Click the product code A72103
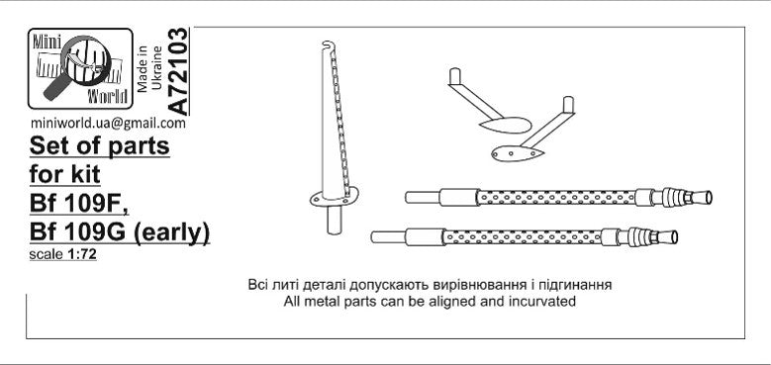[177, 72]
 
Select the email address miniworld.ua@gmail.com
[108, 124]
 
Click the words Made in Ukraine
[149, 68]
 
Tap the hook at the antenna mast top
[328, 46]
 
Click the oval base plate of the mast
[334, 197]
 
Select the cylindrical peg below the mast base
[335, 219]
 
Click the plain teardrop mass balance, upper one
[505, 126]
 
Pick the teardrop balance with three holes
[518, 153]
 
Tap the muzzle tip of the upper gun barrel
[708, 197]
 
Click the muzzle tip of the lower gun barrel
[674, 237]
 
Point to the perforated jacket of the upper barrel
[556, 198]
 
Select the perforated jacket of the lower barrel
[522, 237]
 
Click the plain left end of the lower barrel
[388, 237]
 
